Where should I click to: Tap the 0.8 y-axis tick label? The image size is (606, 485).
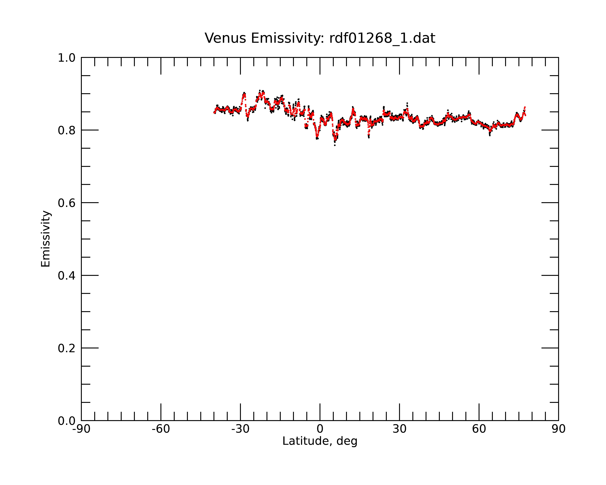67,130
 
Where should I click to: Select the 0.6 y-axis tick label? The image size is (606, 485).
67,203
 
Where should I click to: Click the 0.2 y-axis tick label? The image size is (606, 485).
67,348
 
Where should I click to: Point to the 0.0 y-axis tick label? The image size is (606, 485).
67,421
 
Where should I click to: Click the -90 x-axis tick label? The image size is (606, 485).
81,429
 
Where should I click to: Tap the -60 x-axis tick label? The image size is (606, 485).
161,429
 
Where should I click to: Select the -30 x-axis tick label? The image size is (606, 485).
240,429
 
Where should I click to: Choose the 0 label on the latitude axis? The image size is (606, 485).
320,429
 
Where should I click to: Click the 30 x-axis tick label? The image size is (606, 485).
399,429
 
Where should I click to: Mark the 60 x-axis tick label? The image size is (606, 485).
479,429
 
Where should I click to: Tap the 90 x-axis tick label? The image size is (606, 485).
558,429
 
